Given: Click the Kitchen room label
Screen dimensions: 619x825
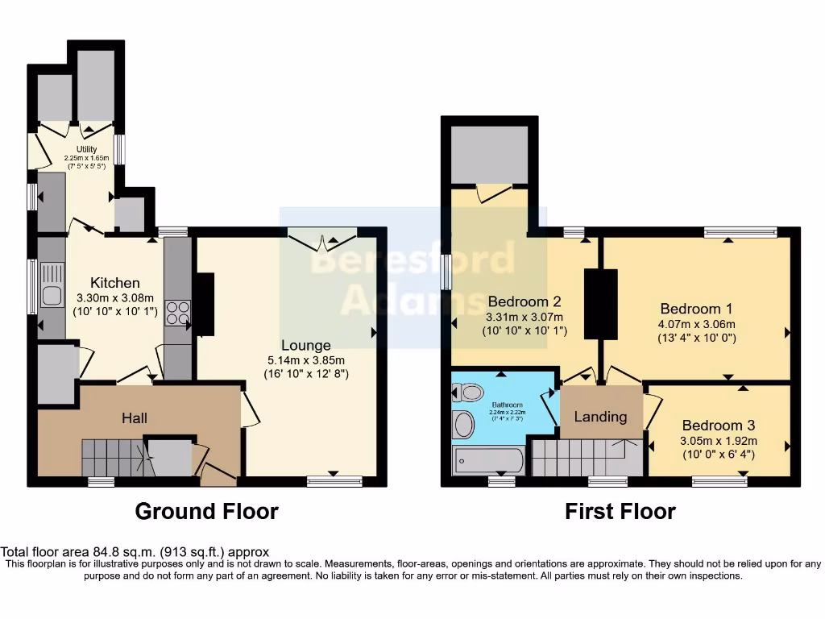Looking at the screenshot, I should coord(114,282).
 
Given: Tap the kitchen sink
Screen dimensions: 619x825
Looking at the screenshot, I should coord(52,296).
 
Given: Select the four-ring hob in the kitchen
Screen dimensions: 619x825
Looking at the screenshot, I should coord(176,312).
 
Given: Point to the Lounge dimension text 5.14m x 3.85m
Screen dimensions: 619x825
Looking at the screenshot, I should coord(306,360).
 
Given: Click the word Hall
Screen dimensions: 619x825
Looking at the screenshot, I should coord(135,418).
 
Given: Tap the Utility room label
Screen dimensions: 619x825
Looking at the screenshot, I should coord(86,149).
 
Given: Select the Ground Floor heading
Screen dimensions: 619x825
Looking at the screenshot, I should coord(206,511).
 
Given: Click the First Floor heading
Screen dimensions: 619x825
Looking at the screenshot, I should coord(620,511).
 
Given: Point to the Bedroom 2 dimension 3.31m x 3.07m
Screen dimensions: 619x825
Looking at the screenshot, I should coord(524,317).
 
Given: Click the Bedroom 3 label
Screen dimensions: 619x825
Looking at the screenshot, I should coord(719,426).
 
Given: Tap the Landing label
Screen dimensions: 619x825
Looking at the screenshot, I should coord(600,417).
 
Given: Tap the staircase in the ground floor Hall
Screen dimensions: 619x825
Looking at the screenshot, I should coord(113,458).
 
